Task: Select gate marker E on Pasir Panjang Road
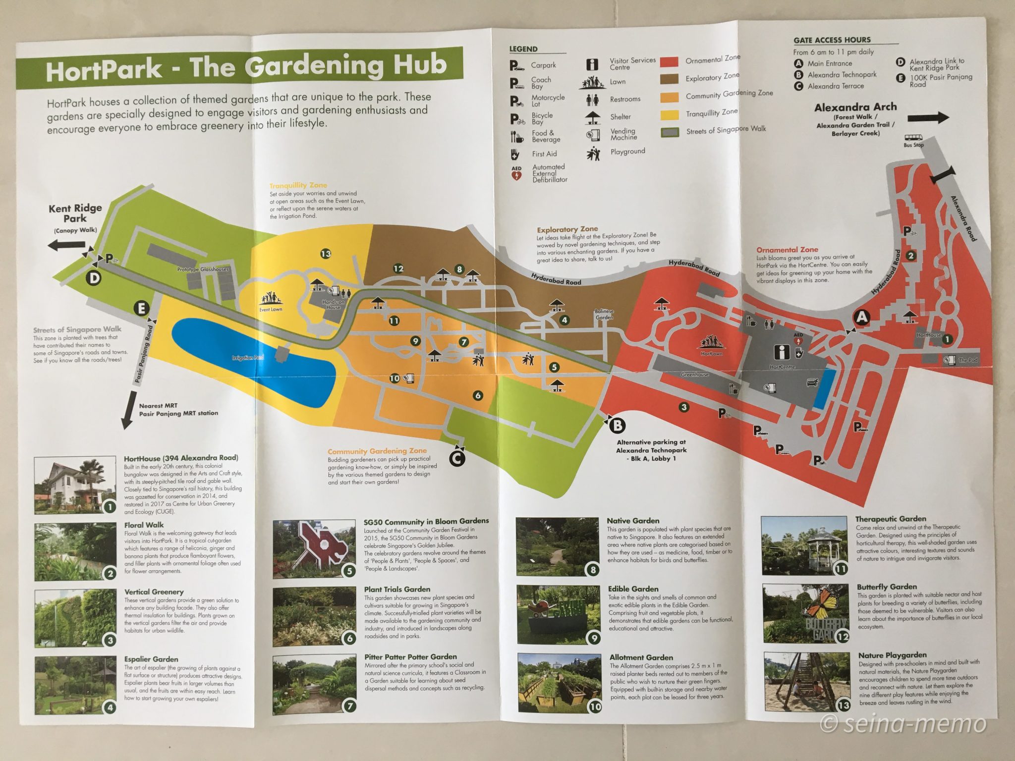point(141,309)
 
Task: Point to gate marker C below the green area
point(457,459)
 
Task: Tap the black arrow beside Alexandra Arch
point(928,118)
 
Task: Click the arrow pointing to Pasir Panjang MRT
point(128,410)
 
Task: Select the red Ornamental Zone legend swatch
point(669,62)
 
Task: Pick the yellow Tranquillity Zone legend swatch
point(670,115)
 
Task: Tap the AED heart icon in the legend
point(516,174)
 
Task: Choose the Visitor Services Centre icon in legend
point(592,64)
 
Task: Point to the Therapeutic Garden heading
point(890,519)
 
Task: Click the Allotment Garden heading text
point(641,657)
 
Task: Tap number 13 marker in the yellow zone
point(325,254)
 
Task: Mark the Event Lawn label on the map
point(271,310)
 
